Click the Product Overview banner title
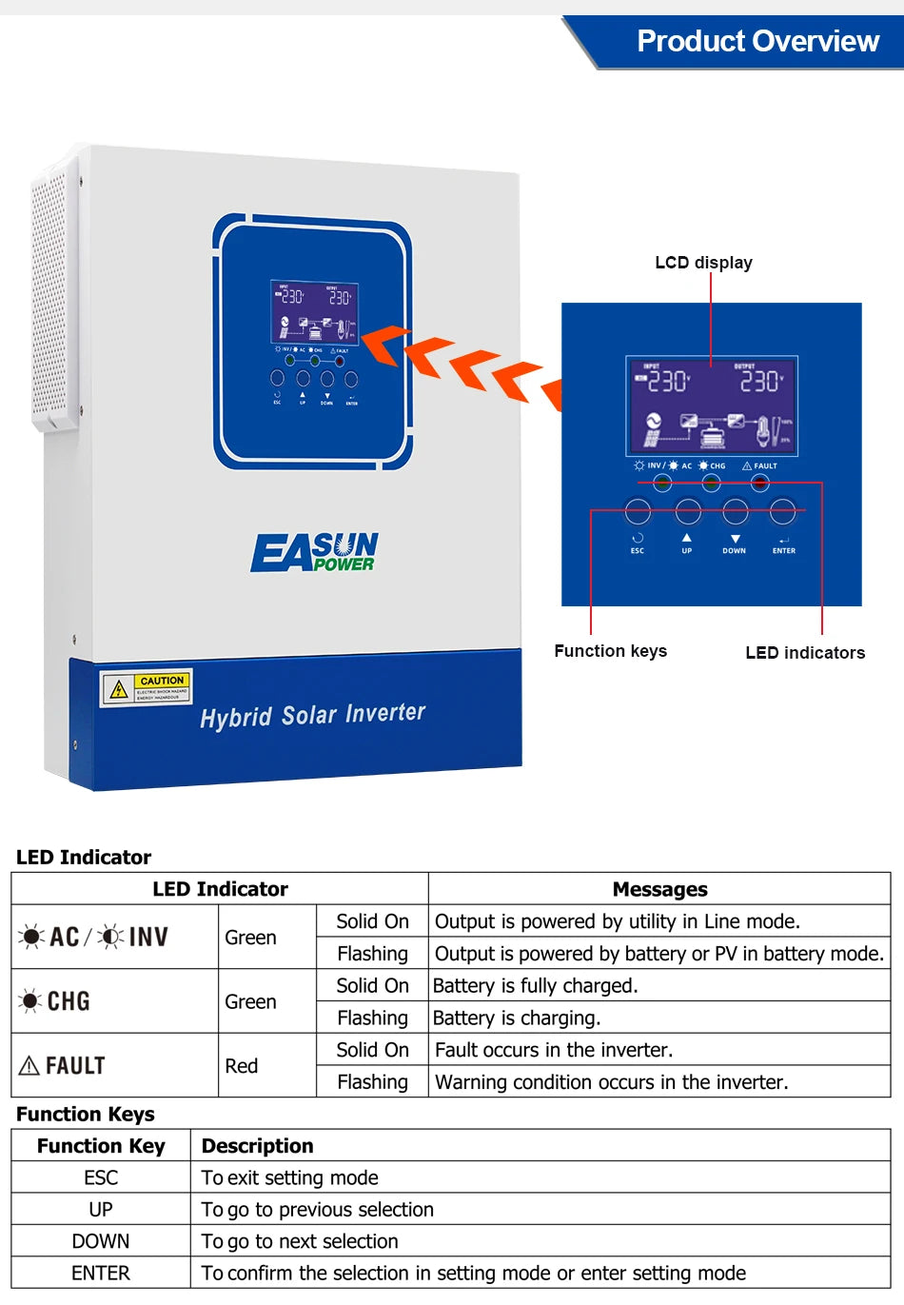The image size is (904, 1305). coord(757,41)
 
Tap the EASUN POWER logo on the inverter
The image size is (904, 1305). coord(315,552)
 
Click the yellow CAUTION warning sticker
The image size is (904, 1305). coord(147,688)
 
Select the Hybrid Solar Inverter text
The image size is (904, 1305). coord(312,715)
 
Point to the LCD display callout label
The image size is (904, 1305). coord(703,263)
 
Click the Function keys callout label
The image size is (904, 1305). coord(610,651)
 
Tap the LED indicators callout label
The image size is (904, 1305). coord(805,653)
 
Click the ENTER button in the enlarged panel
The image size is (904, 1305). coord(782,512)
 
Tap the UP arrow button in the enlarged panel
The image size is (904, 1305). coord(687,512)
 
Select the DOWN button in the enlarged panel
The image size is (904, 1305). coord(735,512)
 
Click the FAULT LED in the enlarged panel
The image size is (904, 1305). coord(759,483)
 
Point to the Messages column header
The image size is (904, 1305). coord(659,889)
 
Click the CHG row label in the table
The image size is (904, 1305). coord(57,1001)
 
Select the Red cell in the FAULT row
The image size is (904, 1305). coord(242,1066)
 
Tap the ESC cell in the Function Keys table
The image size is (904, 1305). coord(101,1178)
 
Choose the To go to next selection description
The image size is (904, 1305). coord(300,1242)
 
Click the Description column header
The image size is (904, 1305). coord(257,1146)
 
